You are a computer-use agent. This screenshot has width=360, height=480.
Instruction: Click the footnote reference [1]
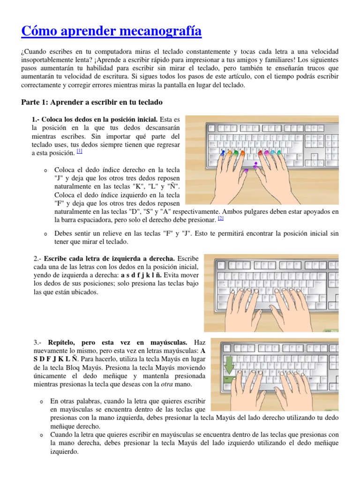coord(80,151)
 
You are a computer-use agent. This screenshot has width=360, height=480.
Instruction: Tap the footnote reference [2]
coord(221,218)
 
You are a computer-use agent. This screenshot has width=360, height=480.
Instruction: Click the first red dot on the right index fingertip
coord(259,152)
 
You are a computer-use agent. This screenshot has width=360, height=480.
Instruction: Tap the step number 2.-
coord(38,258)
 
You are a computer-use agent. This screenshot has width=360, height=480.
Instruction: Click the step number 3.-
coord(38,343)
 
